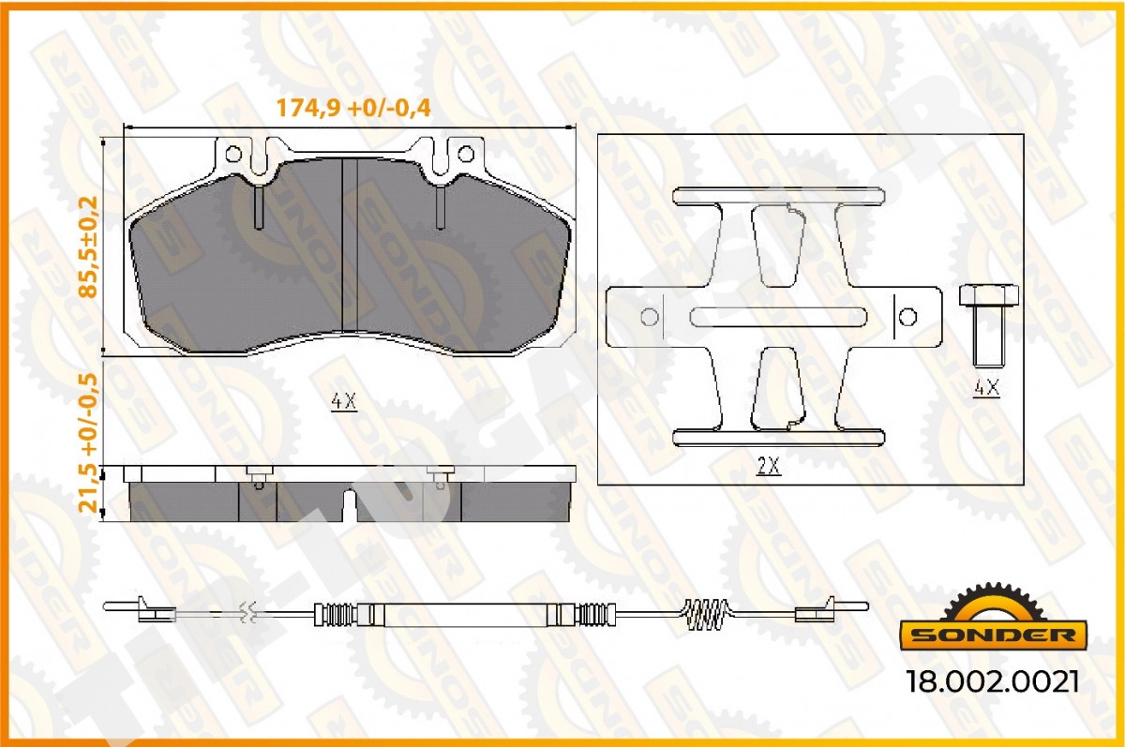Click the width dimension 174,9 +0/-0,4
(353, 108)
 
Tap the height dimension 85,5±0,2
(89, 247)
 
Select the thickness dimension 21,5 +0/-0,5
(89, 442)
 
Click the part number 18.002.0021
(993, 681)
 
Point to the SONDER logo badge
(994, 618)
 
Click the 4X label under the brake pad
(345, 401)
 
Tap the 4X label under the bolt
(986, 388)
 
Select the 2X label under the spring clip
(769, 467)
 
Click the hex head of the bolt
(989, 295)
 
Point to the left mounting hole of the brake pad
(233, 154)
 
